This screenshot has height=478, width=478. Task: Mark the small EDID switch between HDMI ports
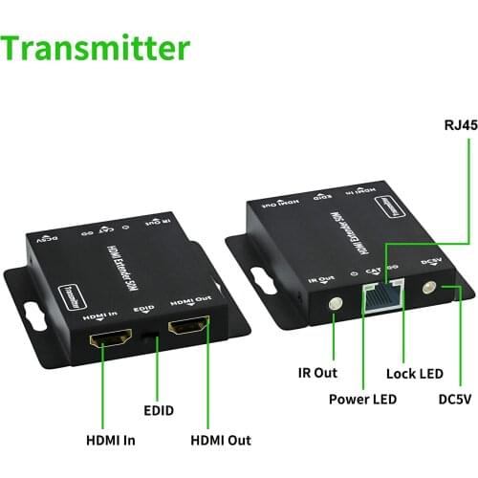150,334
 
